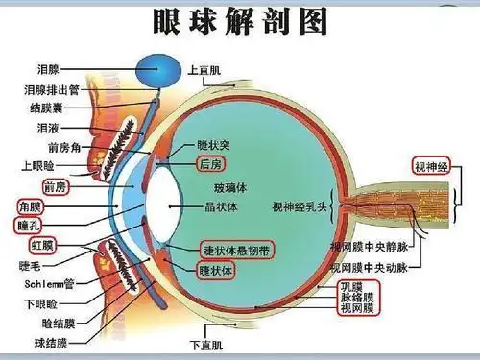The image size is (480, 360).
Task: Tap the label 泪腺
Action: pyautogui.click(x=48, y=70)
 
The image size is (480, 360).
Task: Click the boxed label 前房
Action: pyautogui.click(x=54, y=185)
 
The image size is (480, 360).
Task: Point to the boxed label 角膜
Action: pyautogui.click(x=30, y=205)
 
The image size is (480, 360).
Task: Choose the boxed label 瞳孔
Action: pyautogui.click(x=29, y=225)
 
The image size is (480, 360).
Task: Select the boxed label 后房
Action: pyautogui.click(x=210, y=164)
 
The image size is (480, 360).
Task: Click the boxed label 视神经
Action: pyautogui.click(x=432, y=166)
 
